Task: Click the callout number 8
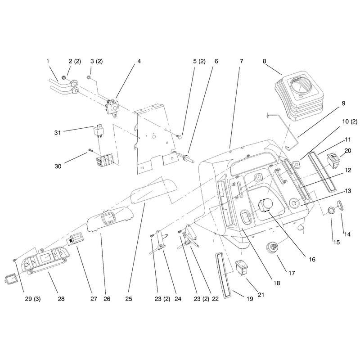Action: coord(264,61)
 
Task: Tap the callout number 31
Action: coord(58,133)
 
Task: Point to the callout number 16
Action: coord(312,260)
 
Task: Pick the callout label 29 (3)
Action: coord(32,299)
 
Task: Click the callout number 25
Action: coord(129,299)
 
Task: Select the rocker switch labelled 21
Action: coord(242,267)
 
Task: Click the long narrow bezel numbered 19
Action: coord(222,276)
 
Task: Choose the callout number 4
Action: coord(139,61)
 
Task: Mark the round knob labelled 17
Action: coord(272,248)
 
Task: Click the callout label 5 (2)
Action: coord(199,61)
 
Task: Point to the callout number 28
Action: coord(61,299)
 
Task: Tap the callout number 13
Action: coord(348,191)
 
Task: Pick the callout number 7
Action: coord(241,61)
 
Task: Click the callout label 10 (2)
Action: coord(350,121)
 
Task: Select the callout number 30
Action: coord(58,166)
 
